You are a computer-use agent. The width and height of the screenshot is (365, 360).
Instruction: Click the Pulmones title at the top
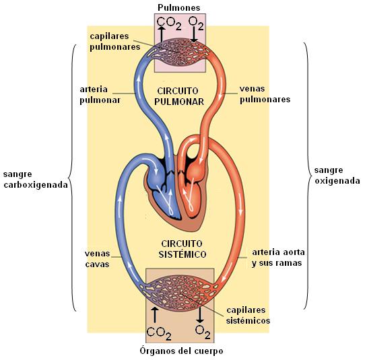tap(178, 7)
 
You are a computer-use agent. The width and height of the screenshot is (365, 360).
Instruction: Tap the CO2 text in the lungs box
tap(169, 24)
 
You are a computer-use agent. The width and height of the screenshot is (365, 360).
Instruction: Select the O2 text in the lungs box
tap(196, 23)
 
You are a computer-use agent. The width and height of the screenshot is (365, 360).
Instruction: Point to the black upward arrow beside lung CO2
tap(162, 34)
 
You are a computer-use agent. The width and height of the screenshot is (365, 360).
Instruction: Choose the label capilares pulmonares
tap(115, 42)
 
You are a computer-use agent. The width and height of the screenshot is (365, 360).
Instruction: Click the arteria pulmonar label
tap(100, 95)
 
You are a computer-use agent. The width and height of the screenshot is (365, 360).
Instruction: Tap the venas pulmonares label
tap(265, 94)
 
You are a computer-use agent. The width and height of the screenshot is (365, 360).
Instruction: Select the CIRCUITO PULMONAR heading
tap(179, 96)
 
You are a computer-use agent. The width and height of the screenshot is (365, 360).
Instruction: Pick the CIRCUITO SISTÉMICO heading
tap(182, 249)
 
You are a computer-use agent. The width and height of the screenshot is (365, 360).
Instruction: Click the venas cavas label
tap(97, 259)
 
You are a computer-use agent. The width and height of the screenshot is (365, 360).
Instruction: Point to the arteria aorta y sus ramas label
tap(278, 258)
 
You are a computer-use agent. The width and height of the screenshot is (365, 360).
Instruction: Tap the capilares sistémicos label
tap(248, 315)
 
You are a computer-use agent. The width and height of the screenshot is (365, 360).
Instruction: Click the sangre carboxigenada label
tap(36, 179)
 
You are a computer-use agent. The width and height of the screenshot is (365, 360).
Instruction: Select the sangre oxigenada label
tap(337, 176)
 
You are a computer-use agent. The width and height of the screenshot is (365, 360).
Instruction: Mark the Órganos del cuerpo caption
tap(181, 351)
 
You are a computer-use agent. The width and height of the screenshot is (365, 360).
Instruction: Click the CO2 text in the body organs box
tap(159, 334)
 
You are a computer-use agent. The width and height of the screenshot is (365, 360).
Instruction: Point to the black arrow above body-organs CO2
tap(155, 315)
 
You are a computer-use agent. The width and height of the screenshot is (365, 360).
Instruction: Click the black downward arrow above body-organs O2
tap(200, 315)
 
